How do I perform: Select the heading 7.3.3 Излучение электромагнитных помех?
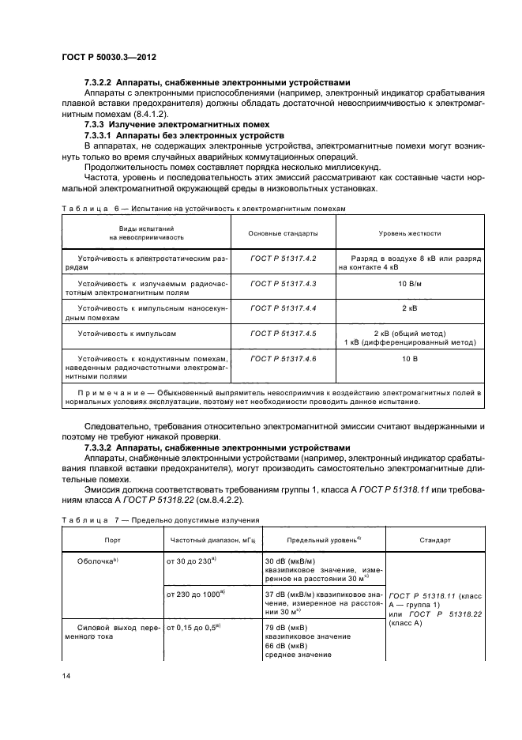(178, 124)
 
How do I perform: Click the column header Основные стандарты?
(283, 234)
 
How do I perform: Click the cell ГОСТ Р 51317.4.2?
(283, 259)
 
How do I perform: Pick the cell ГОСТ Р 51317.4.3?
(283, 282)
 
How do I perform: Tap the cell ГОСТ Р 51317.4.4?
(283, 306)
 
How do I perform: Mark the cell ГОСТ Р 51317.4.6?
(283, 358)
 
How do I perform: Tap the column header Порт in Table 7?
(112, 540)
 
